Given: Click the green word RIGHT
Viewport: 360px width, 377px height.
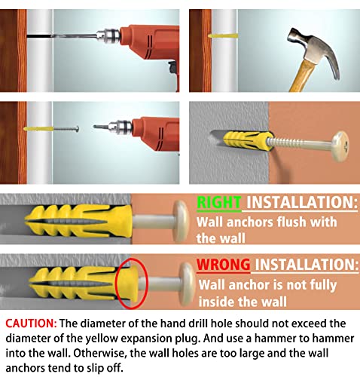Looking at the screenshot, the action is [x=218, y=203].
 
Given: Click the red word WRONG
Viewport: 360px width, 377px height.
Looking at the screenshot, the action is [x=223, y=265].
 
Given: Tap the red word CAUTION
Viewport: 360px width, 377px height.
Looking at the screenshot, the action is [x=31, y=323].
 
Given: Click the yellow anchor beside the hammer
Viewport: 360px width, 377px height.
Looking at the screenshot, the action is [x=223, y=35].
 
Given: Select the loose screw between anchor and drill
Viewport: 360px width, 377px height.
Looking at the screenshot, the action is [x=66, y=129].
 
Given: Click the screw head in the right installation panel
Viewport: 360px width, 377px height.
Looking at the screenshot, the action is [x=182, y=222].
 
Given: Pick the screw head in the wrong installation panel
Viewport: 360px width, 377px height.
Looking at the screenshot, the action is [x=187, y=284].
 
